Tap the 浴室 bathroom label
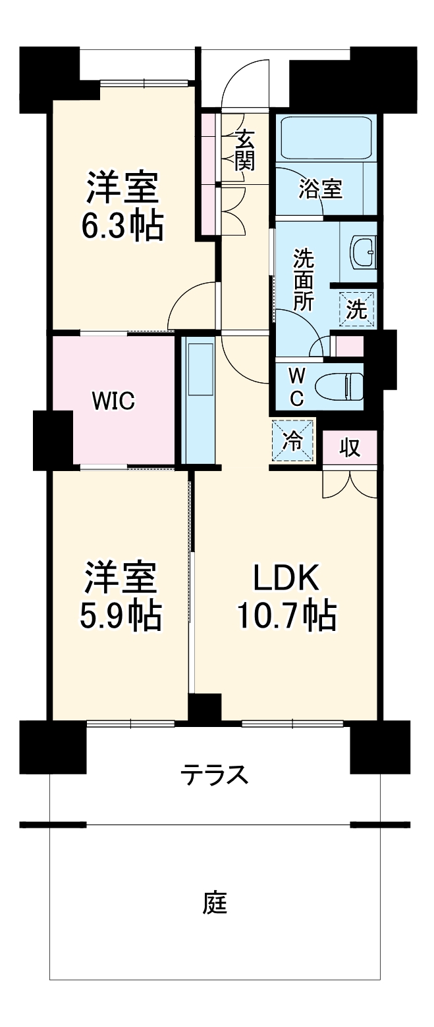point(320,189)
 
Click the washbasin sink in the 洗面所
point(362,251)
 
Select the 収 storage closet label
point(350,447)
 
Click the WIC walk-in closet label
point(113,400)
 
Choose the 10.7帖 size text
point(286,616)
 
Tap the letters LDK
point(286,578)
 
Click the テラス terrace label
point(215,776)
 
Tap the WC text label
point(297,386)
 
